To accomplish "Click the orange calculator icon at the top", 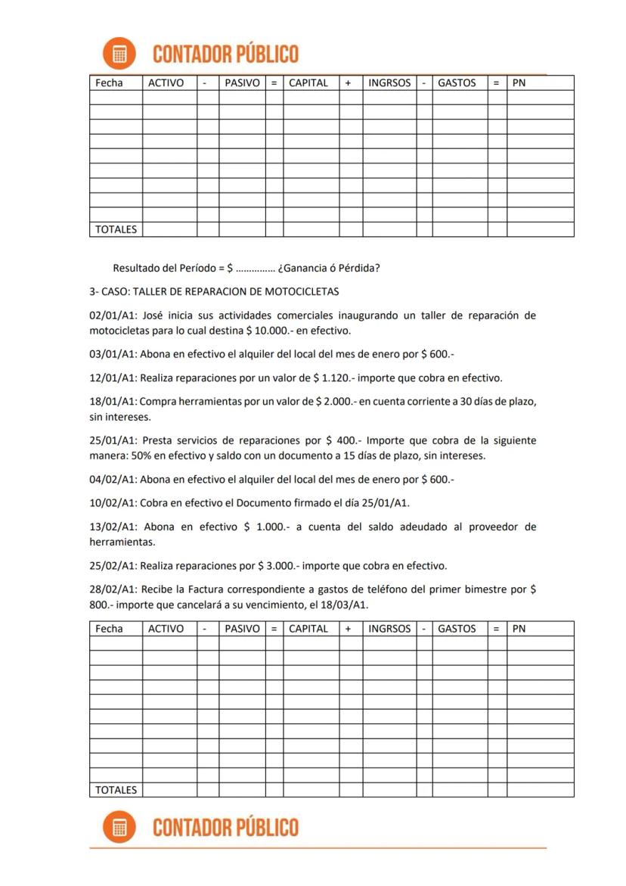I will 119,54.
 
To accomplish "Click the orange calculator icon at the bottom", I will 119,827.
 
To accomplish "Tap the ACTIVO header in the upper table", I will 166,83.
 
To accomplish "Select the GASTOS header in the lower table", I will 457,629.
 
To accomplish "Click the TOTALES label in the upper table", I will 116,229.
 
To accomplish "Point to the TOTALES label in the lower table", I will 116,790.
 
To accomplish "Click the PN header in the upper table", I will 519,83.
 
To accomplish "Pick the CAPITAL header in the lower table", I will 308,629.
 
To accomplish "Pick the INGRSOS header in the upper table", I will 389,83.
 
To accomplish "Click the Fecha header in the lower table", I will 110,629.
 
